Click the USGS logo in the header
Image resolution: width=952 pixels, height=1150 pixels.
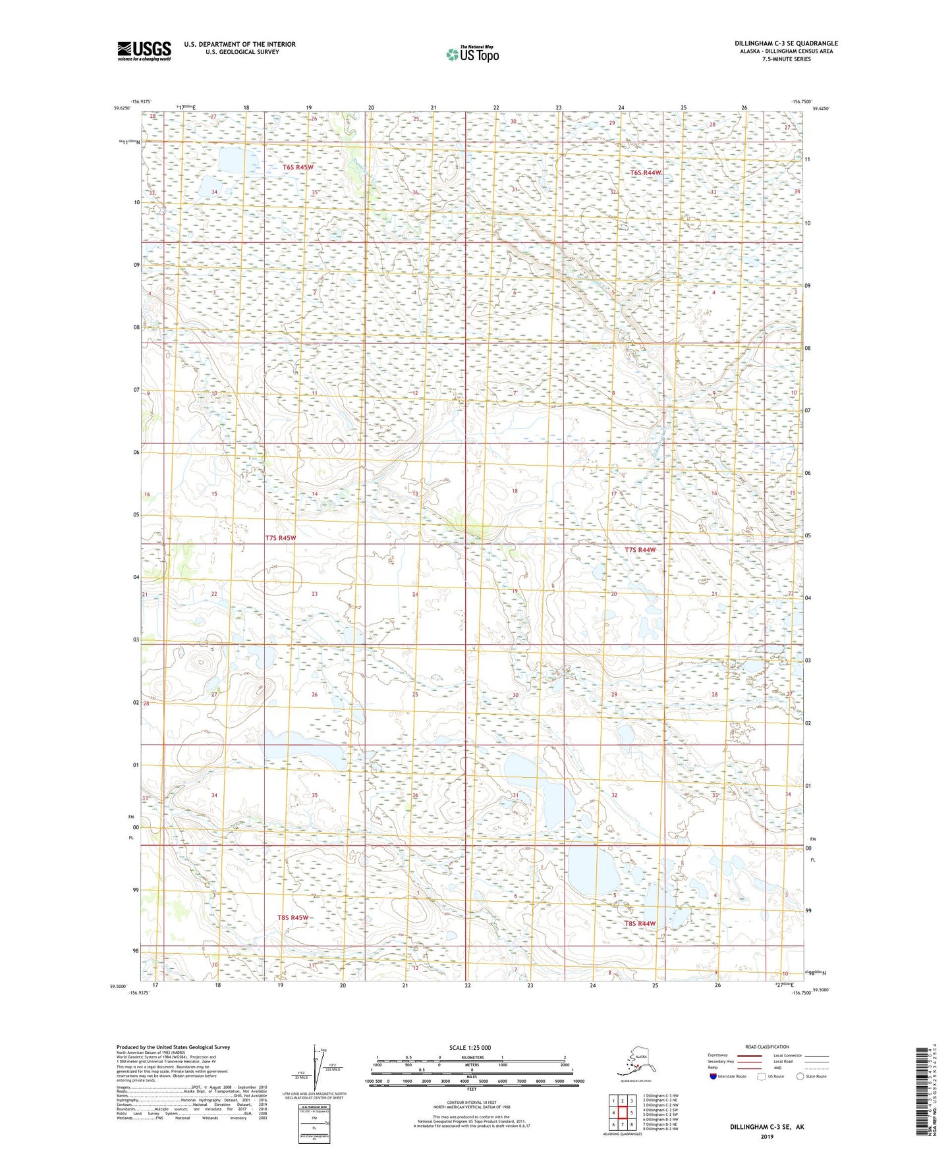tap(144, 51)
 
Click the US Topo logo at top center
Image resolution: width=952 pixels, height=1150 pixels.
tap(472, 54)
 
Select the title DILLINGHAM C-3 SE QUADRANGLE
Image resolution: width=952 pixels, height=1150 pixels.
tap(786, 43)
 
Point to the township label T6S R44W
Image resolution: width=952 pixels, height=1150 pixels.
tap(645, 173)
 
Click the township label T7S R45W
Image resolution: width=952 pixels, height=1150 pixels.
tap(281, 538)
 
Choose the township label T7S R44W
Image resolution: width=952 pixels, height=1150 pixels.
tap(640, 550)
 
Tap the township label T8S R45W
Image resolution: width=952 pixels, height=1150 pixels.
tap(293, 917)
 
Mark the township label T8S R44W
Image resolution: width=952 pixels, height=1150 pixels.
tap(640, 923)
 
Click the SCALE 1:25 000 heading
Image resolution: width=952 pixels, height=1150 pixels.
tap(470, 1048)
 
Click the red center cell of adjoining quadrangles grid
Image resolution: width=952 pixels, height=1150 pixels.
tap(622, 1112)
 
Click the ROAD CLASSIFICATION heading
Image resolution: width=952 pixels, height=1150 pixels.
tap(767, 1047)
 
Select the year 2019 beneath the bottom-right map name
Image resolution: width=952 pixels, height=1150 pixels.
tap(767, 1136)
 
